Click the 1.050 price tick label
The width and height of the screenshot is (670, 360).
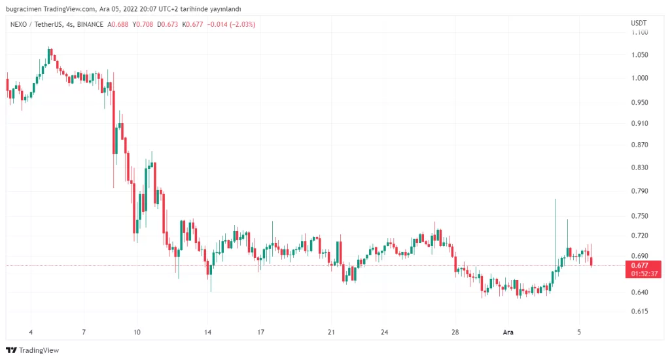click(x=639, y=55)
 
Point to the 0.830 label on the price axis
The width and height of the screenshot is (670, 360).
click(x=639, y=168)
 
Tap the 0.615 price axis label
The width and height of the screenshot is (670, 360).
click(x=639, y=312)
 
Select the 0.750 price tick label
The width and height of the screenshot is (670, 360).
click(x=639, y=216)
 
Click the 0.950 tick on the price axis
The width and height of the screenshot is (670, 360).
click(x=639, y=103)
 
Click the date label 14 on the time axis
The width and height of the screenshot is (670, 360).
click(x=207, y=333)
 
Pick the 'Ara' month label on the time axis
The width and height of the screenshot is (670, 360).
click(x=508, y=333)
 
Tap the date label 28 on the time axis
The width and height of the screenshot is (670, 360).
click(x=455, y=333)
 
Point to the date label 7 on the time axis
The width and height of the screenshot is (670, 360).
click(x=84, y=333)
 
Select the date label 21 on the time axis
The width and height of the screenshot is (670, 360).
click(x=331, y=333)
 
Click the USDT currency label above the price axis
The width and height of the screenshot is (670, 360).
click(x=639, y=24)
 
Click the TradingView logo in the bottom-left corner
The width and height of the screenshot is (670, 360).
click(x=32, y=350)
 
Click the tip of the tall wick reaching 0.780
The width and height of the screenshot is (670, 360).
click(x=555, y=199)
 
